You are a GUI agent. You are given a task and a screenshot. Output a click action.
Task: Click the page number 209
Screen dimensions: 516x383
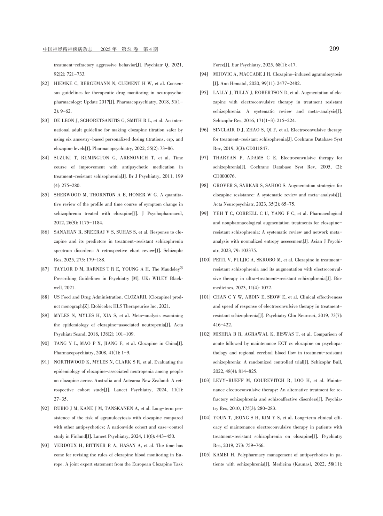(x=334, y=49)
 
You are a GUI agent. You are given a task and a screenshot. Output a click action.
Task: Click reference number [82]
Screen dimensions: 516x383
(x=45, y=84)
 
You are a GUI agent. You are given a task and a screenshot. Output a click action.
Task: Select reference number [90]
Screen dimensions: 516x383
(x=45, y=344)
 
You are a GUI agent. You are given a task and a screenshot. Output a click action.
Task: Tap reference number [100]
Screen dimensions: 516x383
(x=205, y=260)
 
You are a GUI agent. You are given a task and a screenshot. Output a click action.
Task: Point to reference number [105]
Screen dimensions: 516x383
(x=205, y=455)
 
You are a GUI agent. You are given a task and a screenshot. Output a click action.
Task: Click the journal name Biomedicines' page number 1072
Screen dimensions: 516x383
(x=266, y=288)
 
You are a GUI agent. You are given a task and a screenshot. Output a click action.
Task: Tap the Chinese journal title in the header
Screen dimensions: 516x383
(x=68, y=49)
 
